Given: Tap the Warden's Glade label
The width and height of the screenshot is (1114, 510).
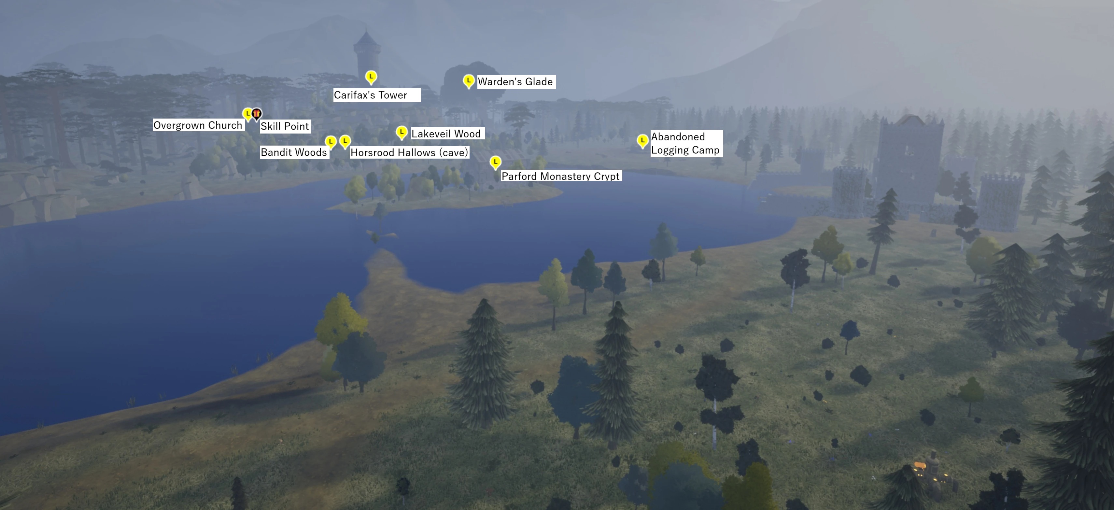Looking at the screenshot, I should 515,82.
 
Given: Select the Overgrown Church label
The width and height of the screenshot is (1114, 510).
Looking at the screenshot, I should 198,125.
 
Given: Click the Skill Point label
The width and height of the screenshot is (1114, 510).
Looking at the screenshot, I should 285,126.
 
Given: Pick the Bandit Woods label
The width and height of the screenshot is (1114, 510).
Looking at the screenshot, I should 294,152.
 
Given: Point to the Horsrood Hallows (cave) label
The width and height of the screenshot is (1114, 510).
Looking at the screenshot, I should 409,153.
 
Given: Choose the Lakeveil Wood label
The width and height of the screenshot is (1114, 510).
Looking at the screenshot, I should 446,134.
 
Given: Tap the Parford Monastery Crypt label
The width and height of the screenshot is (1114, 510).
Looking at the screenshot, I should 560,176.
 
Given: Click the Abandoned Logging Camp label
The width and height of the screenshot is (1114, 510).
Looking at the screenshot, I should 685,144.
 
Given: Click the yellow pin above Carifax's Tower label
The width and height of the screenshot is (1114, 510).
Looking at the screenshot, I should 371,77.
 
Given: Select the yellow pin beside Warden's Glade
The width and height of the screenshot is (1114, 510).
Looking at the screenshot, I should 468,80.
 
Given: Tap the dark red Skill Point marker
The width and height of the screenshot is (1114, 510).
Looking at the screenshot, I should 257,114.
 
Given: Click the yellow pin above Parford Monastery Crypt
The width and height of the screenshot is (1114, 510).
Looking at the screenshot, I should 496,162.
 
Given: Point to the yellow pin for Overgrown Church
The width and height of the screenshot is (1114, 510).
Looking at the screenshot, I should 247,114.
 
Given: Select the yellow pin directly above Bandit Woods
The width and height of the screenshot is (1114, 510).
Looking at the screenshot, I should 331,141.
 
